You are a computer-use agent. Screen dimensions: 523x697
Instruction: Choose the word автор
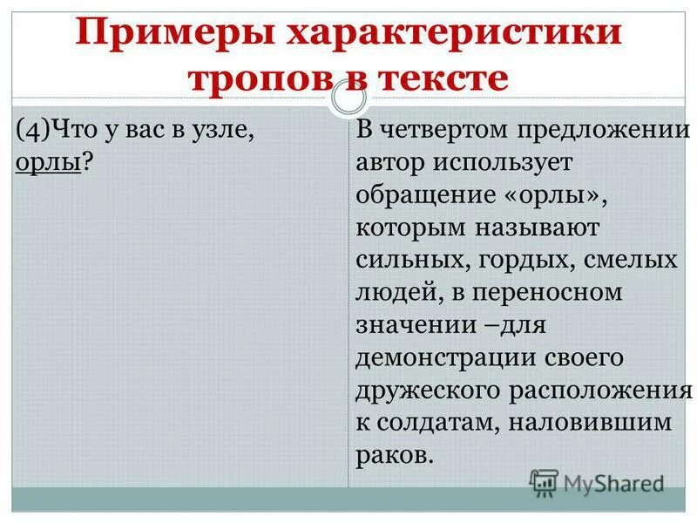pos(390,163)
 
